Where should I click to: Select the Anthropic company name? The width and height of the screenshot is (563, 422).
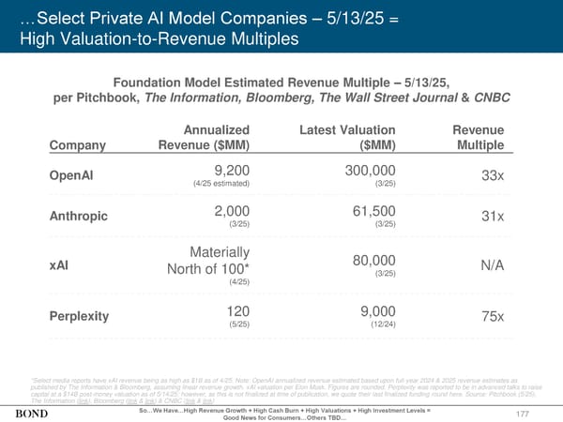click(77, 218)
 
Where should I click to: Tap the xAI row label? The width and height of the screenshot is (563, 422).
click(58, 266)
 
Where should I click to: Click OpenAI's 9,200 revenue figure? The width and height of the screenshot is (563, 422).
click(232, 171)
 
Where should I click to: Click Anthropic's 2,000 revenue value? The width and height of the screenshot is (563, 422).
click(232, 210)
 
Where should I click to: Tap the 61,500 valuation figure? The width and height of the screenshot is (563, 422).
click(371, 210)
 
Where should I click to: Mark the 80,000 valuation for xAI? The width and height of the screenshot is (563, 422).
click(371, 261)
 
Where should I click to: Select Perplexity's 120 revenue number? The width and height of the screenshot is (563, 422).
click(237, 309)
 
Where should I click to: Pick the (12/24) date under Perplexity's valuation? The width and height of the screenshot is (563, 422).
click(381, 324)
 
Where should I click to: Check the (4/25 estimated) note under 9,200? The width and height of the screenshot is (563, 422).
click(221, 185)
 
